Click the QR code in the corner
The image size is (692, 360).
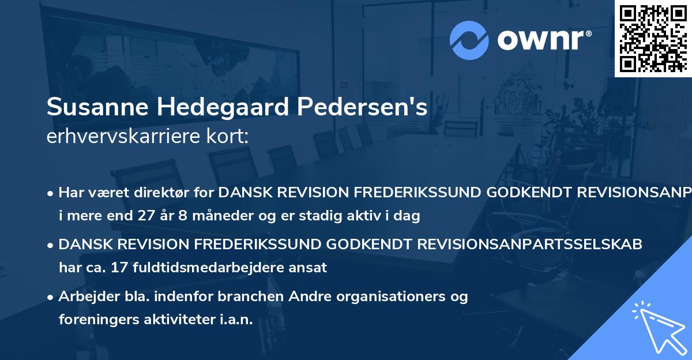pyautogui.click(x=653, y=39)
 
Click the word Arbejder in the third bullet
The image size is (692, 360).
pyautogui.click(x=84, y=297)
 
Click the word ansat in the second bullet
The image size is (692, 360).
pyautogui.click(x=309, y=267)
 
